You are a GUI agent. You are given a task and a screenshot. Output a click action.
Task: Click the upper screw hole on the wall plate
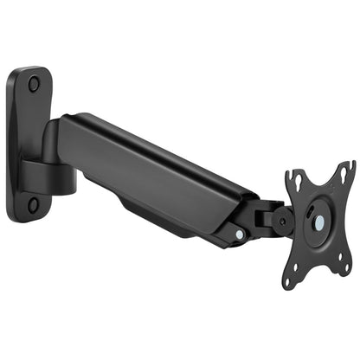point(34,84)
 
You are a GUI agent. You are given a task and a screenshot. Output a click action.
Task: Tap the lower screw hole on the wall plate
point(33,205)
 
